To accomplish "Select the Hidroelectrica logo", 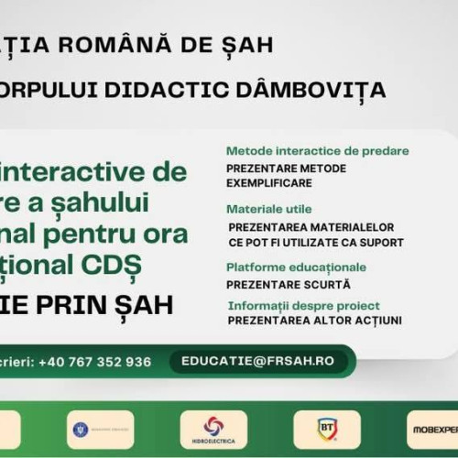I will [213, 429].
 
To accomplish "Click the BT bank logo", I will [327, 429].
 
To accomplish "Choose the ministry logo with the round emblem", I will [100, 429].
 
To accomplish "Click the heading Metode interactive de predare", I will [317, 151].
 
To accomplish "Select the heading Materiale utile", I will [269, 209].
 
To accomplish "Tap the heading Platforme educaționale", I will [296, 267].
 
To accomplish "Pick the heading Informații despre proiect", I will [303, 306].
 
